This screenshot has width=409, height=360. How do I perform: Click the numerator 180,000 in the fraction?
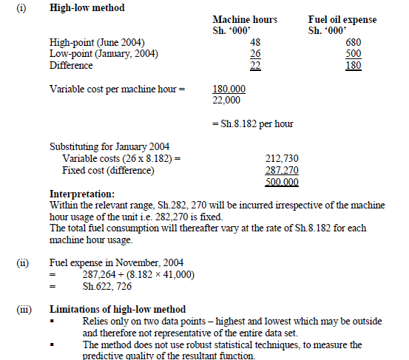click(x=229, y=89)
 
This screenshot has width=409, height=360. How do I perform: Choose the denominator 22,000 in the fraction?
click(x=227, y=100)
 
